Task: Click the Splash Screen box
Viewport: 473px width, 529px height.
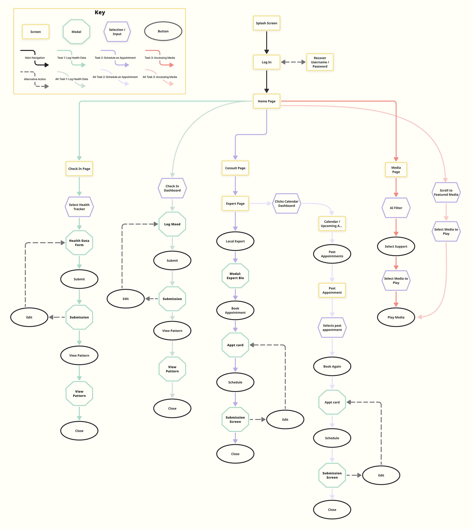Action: coord(266,23)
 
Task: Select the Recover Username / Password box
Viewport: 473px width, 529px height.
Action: coord(320,62)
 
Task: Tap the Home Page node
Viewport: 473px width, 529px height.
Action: coord(266,101)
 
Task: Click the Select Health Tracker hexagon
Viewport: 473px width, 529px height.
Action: coord(79,207)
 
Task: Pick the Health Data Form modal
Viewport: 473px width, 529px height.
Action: coord(79,243)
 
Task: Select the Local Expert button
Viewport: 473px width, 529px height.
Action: coord(235,241)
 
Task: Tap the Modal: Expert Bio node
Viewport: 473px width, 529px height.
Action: coord(235,276)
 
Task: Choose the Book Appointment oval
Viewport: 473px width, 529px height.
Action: coord(235,310)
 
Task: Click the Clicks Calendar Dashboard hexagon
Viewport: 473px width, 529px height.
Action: coord(286,203)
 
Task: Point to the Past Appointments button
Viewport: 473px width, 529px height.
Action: coord(332,254)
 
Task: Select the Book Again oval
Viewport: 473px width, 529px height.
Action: coord(332,366)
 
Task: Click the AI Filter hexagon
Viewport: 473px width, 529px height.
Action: coord(396,208)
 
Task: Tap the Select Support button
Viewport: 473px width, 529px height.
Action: coord(396,247)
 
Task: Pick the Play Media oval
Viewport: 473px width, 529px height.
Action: coord(396,317)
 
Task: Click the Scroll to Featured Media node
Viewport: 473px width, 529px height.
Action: coord(446,193)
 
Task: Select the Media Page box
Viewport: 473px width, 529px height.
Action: coord(396,170)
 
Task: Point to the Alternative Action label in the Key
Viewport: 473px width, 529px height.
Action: coord(35,79)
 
